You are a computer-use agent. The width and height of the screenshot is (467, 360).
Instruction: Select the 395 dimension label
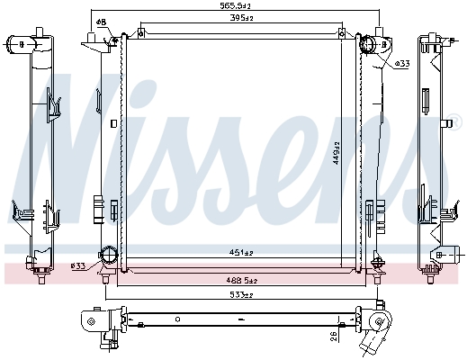coord(238,17)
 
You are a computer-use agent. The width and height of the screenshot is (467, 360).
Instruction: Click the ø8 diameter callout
coord(101,22)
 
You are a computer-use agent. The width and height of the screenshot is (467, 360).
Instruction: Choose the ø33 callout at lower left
coord(78,265)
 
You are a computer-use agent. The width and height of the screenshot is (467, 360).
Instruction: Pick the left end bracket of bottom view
coord(90,320)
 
